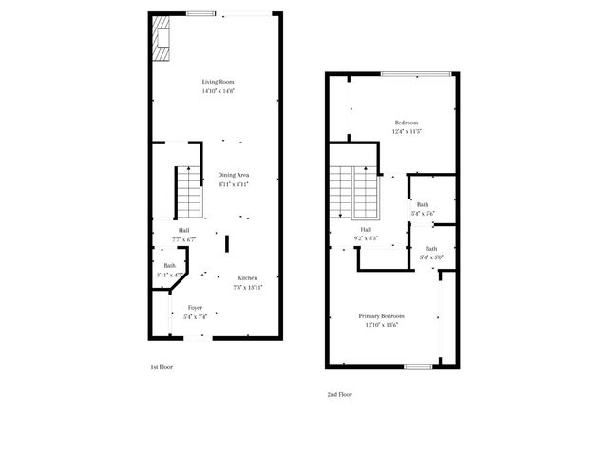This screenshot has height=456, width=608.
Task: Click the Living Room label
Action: pyautogui.click(x=218, y=82)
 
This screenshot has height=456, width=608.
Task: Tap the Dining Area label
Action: pyautogui.click(x=234, y=175)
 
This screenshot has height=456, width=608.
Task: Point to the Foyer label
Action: pyautogui.click(x=195, y=308)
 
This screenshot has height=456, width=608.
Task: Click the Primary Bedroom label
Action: pyautogui.click(x=381, y=315)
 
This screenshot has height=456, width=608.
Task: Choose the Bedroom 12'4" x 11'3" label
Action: pyautogui.click(x=407, y=123)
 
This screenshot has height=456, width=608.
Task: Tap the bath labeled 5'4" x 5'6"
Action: pyautogui.click(x=422, y=204)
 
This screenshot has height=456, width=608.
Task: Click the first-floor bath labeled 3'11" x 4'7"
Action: pyautogui.click(x=169, y=266)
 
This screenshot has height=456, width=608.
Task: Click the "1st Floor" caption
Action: pyautogui.click(x=161, y=367)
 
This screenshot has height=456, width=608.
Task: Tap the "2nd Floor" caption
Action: pyautogui.click(x=339, y=394)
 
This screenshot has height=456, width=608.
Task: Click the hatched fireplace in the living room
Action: pyautogui.click(x=161, y=39)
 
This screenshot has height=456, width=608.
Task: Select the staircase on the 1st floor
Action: pyautogui.click(x=189, y=192)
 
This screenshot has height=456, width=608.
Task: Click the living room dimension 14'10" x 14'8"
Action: pyautogui.click(x=218, y=91)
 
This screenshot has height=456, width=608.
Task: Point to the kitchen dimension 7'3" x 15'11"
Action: pyautogui.click(x=248, y=287)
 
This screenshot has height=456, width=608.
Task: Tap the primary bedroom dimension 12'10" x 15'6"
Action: pyautogui.click(x=381, y=325)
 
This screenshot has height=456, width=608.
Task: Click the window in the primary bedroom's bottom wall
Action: pyautogui.click(x=418, y=366)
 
